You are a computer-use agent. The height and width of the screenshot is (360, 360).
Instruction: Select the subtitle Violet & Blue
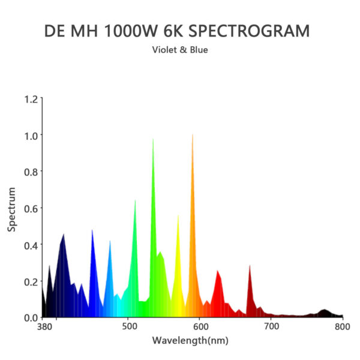[180, 50]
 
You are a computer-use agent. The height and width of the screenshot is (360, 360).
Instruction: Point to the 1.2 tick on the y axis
[30, 99]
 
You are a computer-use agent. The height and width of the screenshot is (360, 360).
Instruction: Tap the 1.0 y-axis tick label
[30, 136]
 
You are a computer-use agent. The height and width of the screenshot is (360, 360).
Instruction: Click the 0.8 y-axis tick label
[30, 172]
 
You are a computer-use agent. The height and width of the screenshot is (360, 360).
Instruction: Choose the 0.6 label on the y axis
[30, 208]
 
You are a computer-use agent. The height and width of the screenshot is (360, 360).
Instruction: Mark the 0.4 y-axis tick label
[30, 245]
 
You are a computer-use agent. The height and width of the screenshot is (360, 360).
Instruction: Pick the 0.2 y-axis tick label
[30, 281]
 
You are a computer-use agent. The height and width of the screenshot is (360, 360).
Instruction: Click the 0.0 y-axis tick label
[30, 317]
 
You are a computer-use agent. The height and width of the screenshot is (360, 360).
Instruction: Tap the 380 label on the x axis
[43, 328]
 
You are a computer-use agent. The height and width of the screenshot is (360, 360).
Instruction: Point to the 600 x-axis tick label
[201, 328]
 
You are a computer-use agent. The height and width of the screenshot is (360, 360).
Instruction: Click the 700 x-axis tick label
[271, 328]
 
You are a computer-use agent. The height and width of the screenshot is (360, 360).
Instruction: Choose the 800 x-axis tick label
[342, 328]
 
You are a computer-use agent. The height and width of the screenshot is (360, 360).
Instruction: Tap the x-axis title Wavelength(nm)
[190, 341]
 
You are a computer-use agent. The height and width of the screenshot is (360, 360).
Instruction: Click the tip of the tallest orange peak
[193, 134]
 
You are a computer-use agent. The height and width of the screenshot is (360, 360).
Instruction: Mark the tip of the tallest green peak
[153, 139]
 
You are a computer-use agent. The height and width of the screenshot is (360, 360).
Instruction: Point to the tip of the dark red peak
[250, 265]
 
